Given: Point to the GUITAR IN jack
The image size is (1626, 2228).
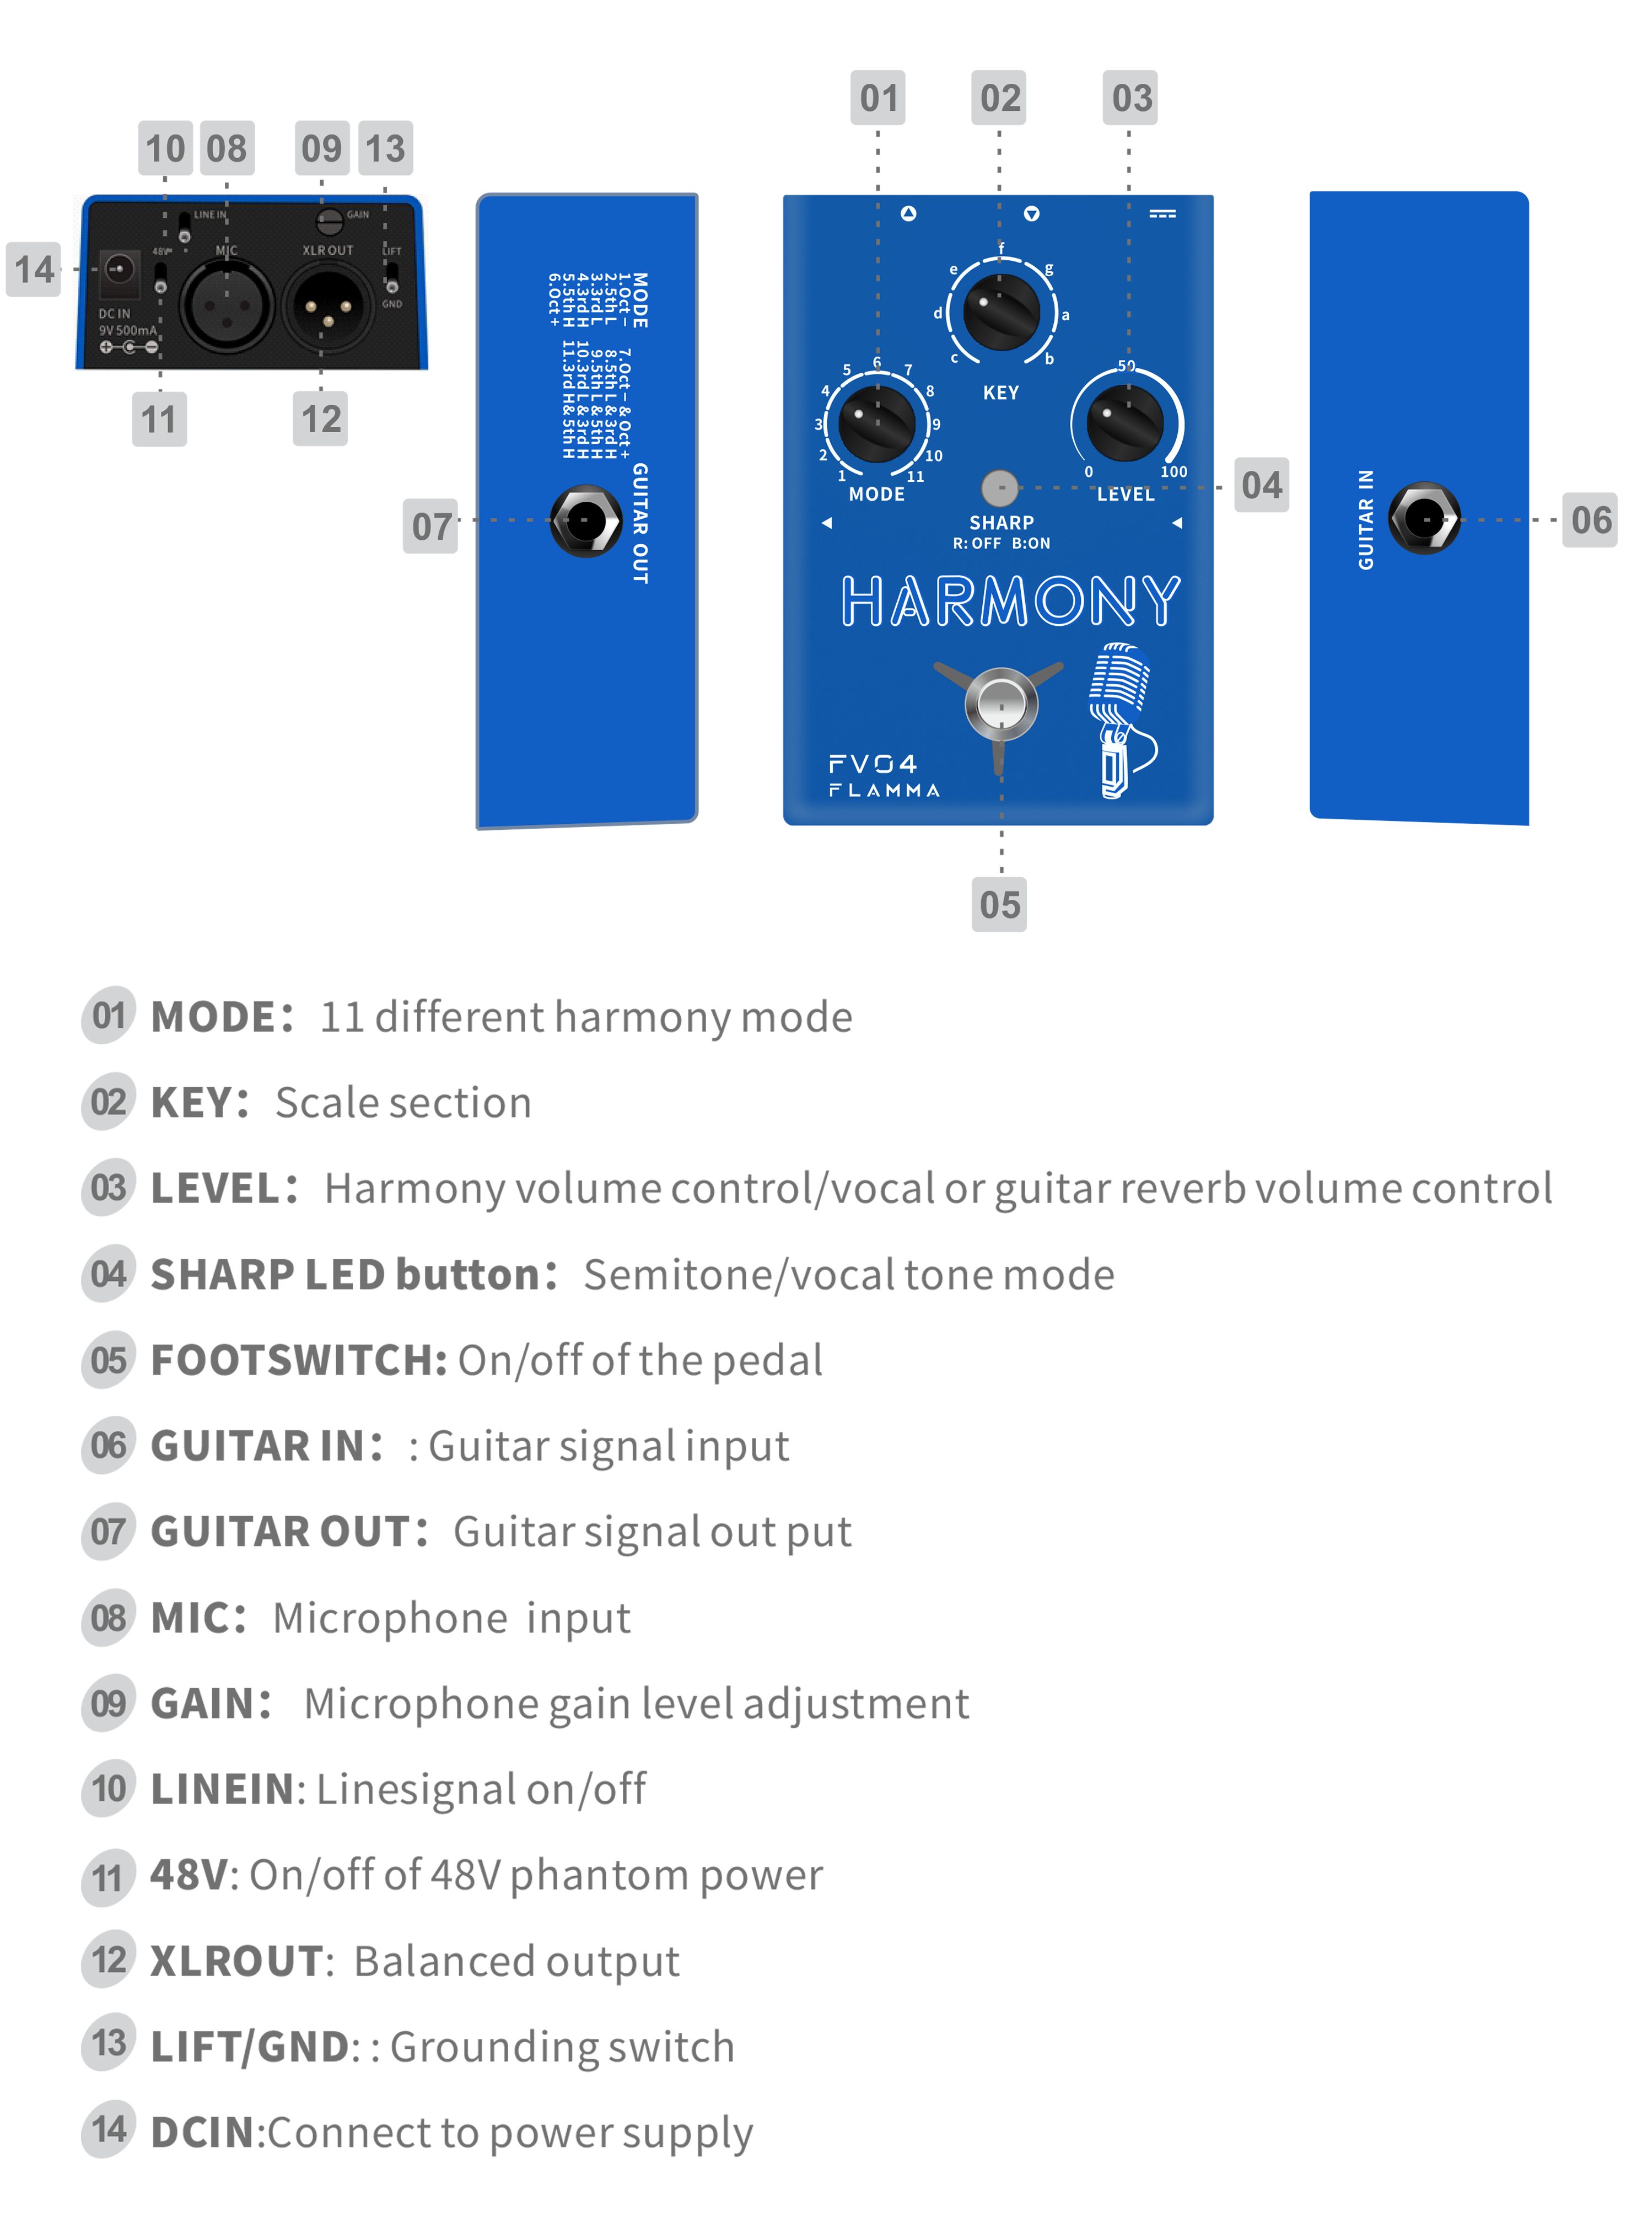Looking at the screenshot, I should coord(1423,519).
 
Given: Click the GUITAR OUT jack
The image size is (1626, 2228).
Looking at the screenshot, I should coord(585,520).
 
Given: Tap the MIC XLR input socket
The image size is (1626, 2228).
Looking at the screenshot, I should coord(227,306).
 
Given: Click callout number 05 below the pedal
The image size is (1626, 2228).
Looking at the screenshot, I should coord(1000,905).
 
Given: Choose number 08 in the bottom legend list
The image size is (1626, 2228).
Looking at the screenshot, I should coord(108,1618).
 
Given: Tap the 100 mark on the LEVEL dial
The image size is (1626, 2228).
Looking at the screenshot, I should coord(1173,471).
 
